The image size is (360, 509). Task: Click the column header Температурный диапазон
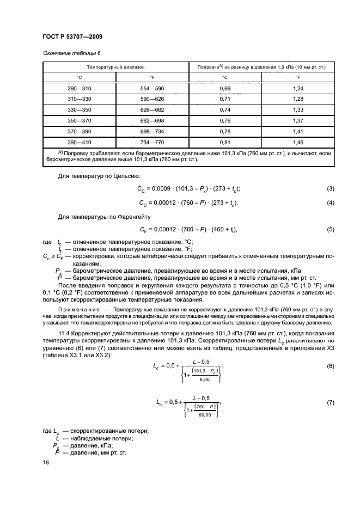click(x=116, y=67)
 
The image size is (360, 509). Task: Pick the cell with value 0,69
click(x=224, y=88)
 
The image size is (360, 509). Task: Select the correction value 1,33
click(x=298, y=109)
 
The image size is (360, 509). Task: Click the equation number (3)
click(x=330, y=188)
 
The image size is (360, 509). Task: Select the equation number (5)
click(x=330, y=229)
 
